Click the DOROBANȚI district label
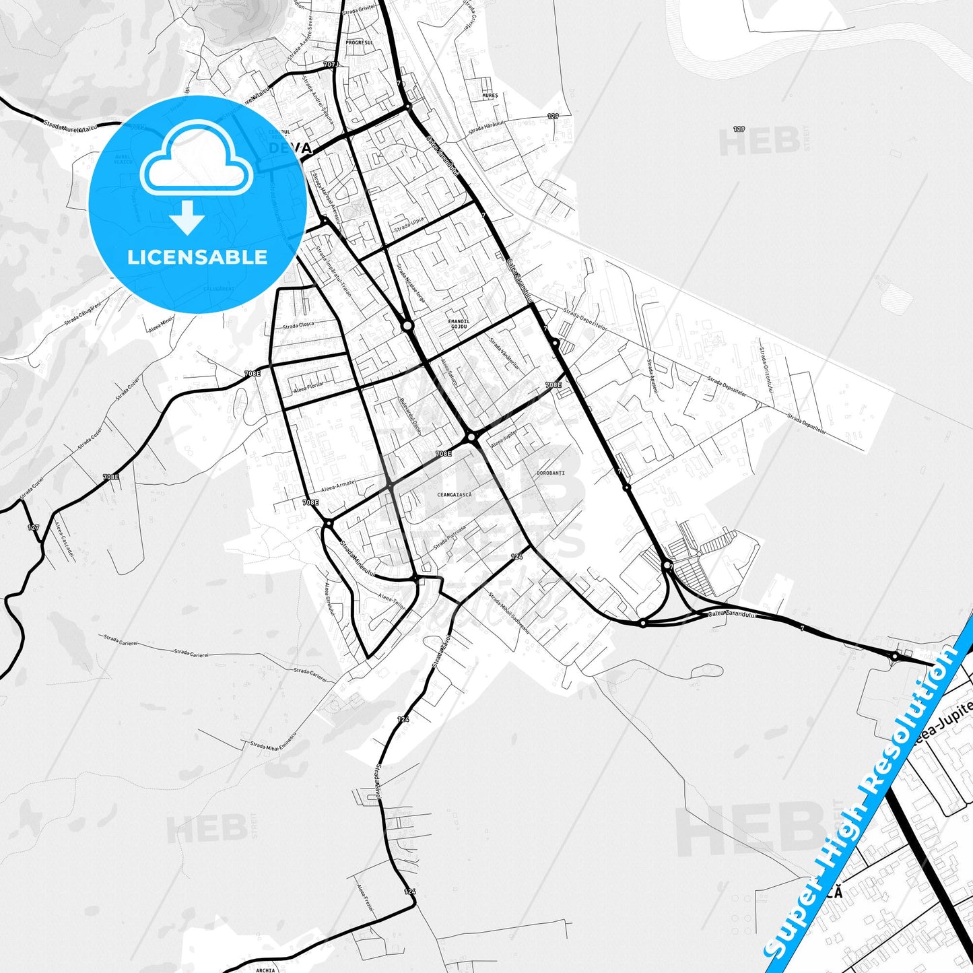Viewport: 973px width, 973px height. (551, 473)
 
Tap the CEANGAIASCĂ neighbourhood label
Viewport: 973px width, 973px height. (455, 495)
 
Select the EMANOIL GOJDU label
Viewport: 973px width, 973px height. (458, 324)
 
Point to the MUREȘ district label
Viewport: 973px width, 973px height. (490, 96)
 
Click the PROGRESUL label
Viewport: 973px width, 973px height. (359, 42)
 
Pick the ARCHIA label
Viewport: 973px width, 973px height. (266, 970)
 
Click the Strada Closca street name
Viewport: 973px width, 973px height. (298, 326)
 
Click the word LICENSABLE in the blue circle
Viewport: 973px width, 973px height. (197, 257)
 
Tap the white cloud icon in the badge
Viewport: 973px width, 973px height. (197, 158)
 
